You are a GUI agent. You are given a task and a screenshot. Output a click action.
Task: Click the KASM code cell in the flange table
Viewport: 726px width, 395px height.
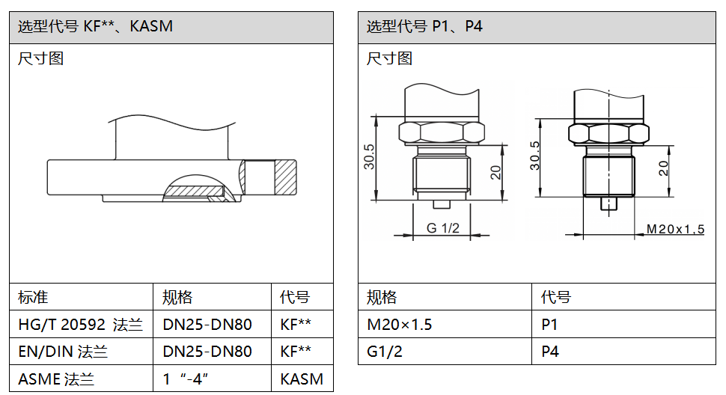pos(302,379)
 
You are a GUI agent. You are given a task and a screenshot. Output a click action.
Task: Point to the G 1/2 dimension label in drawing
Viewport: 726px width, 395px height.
pos(443,228)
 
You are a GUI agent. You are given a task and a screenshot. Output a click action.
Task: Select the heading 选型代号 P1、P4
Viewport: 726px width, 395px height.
pos(424,27)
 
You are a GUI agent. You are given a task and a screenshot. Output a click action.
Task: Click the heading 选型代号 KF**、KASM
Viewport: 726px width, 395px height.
pos(95,27)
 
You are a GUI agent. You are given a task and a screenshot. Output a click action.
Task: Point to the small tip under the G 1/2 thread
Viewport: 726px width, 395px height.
pos(441,203)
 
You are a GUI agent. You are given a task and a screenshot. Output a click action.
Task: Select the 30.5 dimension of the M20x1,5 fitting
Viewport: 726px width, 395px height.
pos(534,155)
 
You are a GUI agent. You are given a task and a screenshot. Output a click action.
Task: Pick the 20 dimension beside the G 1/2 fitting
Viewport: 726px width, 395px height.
pos(495,173)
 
